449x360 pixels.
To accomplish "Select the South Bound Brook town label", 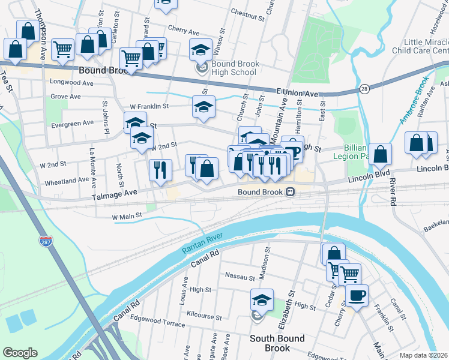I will [x=277, y=343].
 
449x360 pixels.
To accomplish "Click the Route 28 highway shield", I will [x=364, y=89].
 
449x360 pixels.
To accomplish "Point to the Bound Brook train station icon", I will [x=290, y=192].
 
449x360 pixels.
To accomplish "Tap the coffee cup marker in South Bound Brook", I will [x=357, y=296].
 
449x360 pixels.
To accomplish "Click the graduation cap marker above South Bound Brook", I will [x=262, y=299].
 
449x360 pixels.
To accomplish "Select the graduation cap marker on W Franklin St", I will [x=203, y=107].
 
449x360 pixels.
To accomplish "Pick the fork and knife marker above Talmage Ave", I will [x=160, y=169].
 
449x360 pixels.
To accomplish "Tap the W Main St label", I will [x=127, y=215].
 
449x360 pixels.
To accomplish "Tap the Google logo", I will [x=20, y=353].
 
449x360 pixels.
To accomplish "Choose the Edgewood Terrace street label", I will [x=158, y=323].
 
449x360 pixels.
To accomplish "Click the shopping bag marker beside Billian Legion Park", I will [x=381, y=154].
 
